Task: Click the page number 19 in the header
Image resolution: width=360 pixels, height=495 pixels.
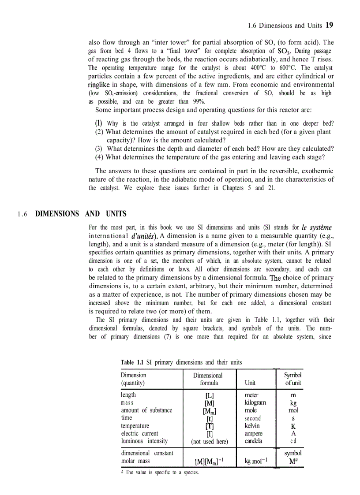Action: click(x=329, y=25)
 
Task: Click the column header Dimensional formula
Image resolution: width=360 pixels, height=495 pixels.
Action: click(x=208, y=379)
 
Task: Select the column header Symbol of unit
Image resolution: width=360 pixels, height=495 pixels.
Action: click(x=292, y=379)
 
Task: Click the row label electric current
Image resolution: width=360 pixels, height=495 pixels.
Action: click(x=139, y=433)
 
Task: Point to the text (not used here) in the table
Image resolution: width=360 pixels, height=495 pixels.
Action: click(x=209, y=441)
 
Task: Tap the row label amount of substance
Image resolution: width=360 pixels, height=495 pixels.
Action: click(x=146, y=410)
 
